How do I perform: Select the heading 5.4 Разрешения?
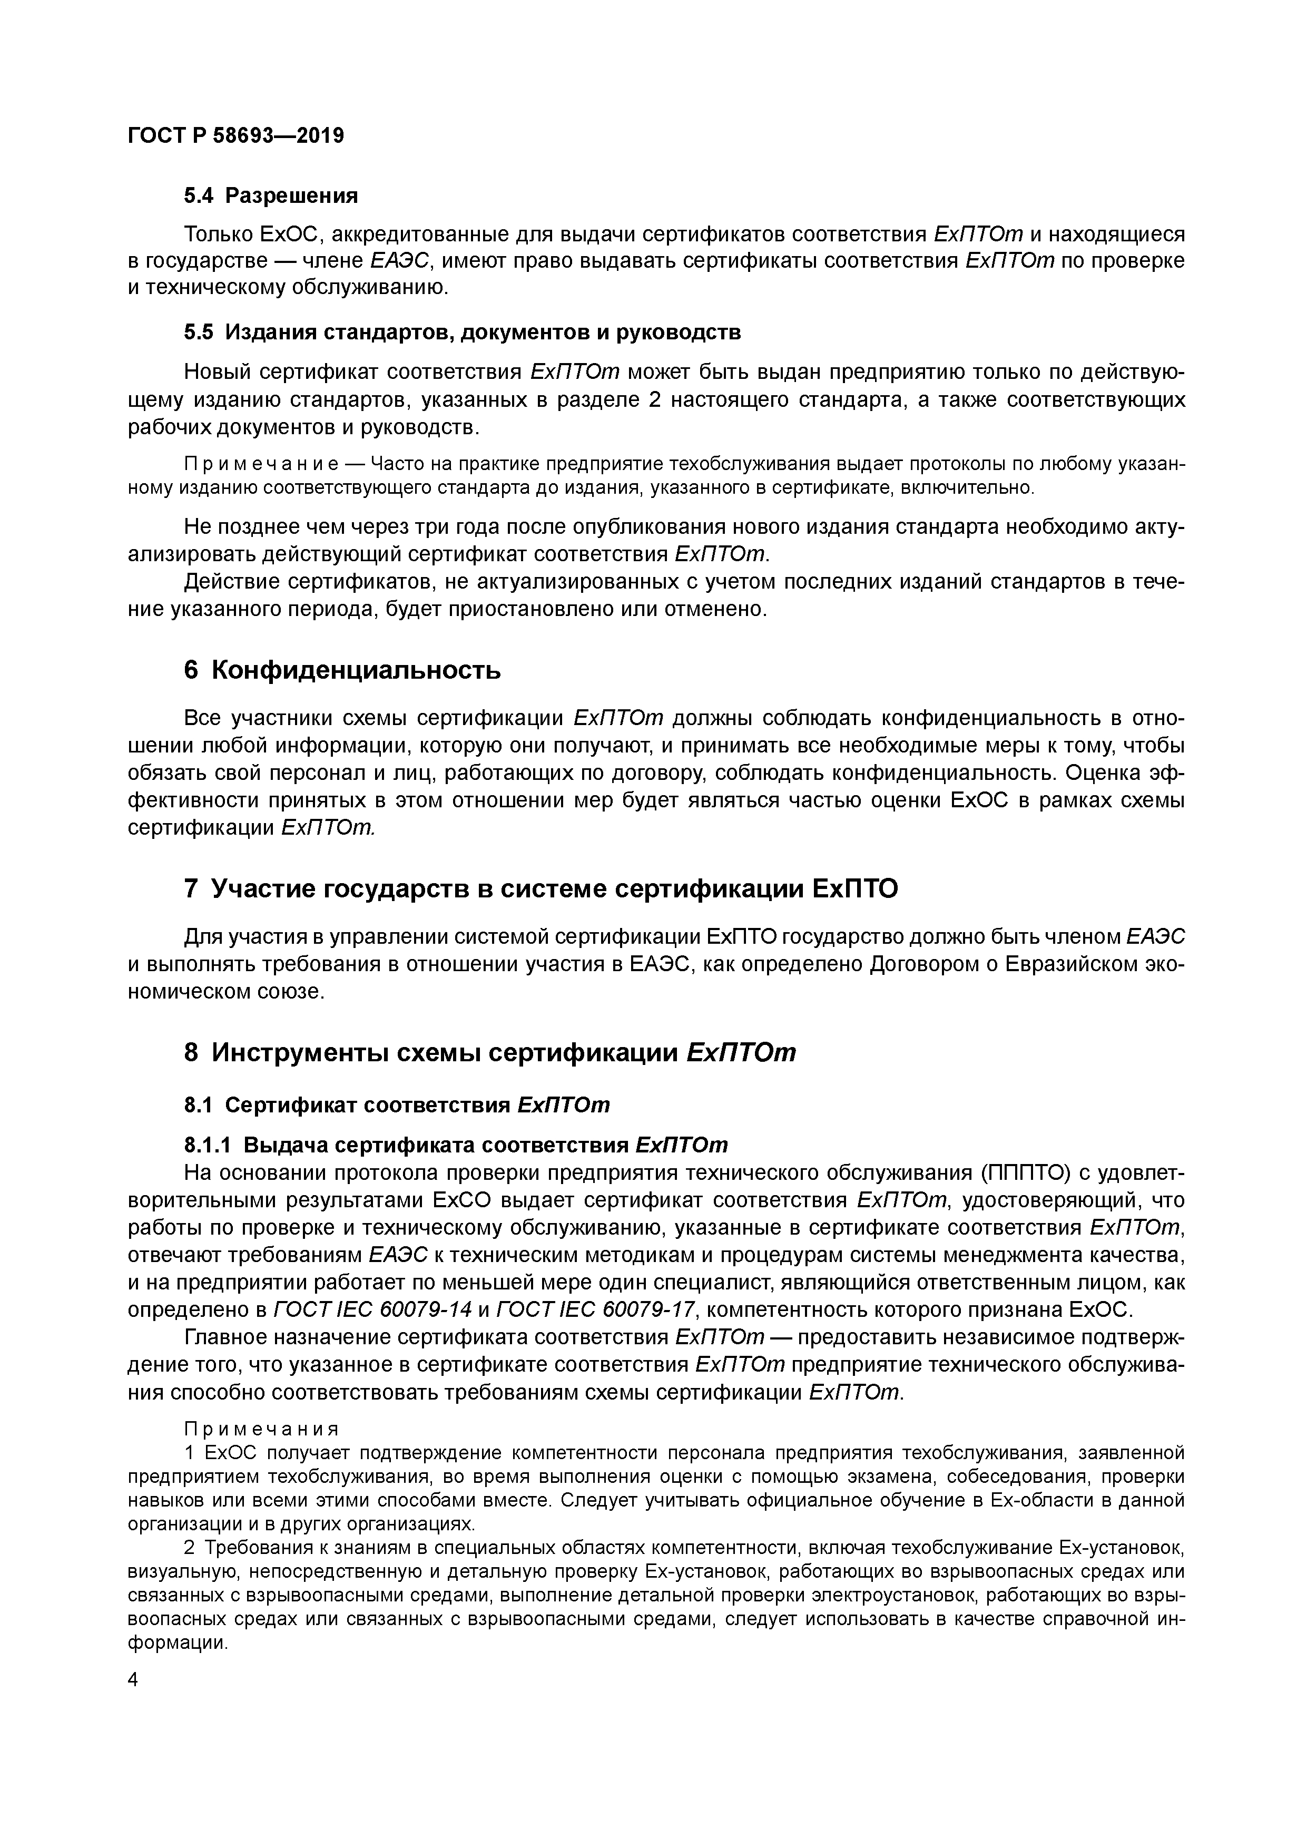[x=270, y=195]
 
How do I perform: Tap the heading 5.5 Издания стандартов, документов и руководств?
[x=462, y=331]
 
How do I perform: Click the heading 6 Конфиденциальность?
[x=342, y=670]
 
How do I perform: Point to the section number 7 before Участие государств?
[x=191, y=888]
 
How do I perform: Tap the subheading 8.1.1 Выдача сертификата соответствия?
[x=456, y=1145]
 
